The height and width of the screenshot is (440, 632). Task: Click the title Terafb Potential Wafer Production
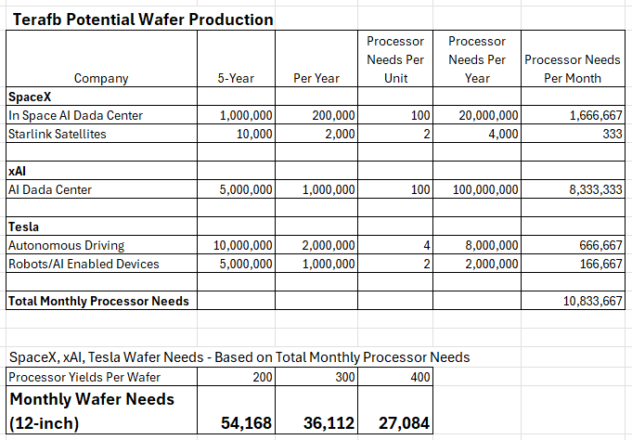[x=143, y=19]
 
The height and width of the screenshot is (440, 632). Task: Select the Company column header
[x=101, y=79]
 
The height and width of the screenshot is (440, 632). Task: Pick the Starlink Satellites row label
[x=57, y=134]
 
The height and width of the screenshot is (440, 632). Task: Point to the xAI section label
[x=18, y=171]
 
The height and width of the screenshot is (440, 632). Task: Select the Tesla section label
[x=24, y=226]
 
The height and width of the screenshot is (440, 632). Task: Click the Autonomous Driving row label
[x=66, y=245]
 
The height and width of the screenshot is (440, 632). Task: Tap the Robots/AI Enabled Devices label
[x=83, y=264]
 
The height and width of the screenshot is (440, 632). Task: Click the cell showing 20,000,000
[x=488, y=115]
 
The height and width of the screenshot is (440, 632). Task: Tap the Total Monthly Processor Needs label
[x=97, y=301]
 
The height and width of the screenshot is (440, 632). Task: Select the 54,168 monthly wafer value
[x=246, y=423]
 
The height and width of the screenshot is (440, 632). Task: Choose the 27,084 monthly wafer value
[x=405, y=423]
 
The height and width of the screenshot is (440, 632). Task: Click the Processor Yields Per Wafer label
[x=83, y=376]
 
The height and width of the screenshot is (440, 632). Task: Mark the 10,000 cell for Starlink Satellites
[x=250, y=134]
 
